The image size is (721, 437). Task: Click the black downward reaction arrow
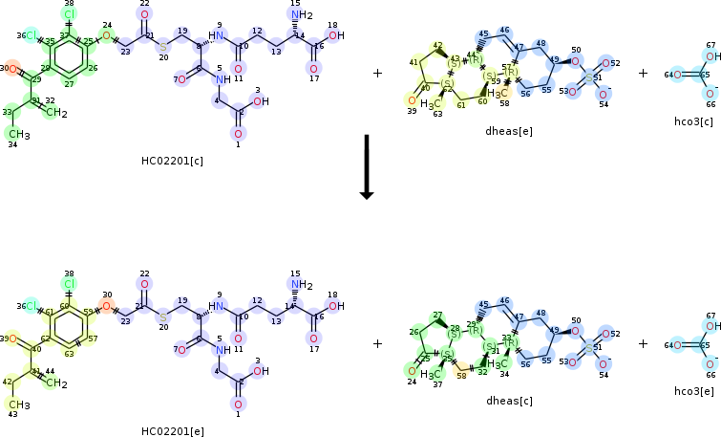tap(365, 167)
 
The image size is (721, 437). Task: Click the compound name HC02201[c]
tap(172, 160)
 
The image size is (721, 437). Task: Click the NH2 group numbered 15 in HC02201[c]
tap(302, 15)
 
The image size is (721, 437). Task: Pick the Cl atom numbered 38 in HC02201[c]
tap(69, 14)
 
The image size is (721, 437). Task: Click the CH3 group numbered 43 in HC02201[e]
tap(20, 406)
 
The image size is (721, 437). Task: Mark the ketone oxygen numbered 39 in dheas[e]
tap(412, 99)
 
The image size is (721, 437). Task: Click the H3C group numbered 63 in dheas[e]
tap(431, 103)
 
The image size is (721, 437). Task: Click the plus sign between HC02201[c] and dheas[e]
tap(377, 73)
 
